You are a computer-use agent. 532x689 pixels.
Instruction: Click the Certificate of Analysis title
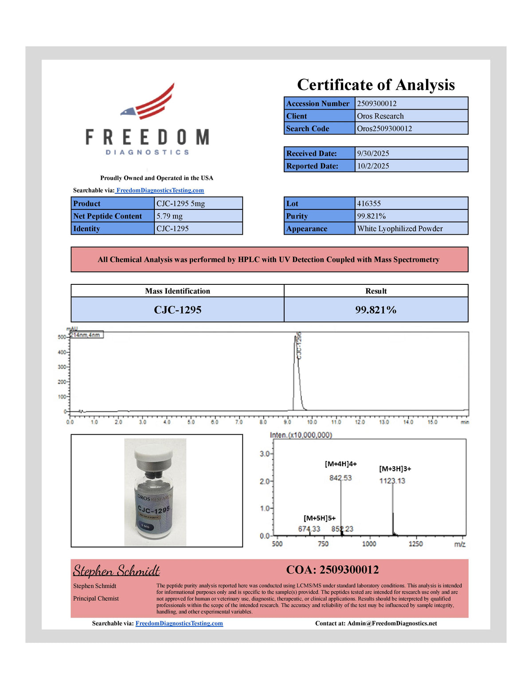376,85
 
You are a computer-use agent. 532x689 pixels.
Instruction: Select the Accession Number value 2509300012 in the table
377,103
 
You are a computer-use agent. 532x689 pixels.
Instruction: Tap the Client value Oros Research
380,116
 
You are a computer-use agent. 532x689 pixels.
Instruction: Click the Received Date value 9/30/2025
373,153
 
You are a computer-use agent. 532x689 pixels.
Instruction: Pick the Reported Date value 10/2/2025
373,165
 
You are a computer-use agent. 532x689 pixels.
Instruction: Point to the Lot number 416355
369,203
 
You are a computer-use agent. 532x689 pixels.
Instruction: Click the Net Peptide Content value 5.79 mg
169,216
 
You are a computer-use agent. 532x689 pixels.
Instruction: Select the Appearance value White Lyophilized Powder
400,228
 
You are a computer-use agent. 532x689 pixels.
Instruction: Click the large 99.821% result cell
376,310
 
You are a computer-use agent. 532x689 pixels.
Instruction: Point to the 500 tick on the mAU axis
62,337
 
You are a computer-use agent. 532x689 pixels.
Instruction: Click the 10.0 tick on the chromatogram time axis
312,422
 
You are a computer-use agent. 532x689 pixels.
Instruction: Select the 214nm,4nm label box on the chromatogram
86,335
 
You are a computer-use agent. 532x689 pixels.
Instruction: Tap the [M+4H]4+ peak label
341,464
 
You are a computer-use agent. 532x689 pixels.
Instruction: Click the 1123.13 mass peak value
392,481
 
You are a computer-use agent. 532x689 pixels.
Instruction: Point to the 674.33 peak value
309,529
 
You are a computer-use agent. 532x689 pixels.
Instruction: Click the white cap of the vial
153,453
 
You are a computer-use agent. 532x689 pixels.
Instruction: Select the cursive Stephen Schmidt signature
116,571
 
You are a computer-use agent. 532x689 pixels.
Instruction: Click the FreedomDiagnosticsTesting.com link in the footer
179,623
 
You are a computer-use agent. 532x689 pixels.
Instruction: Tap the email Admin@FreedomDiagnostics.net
392,623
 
